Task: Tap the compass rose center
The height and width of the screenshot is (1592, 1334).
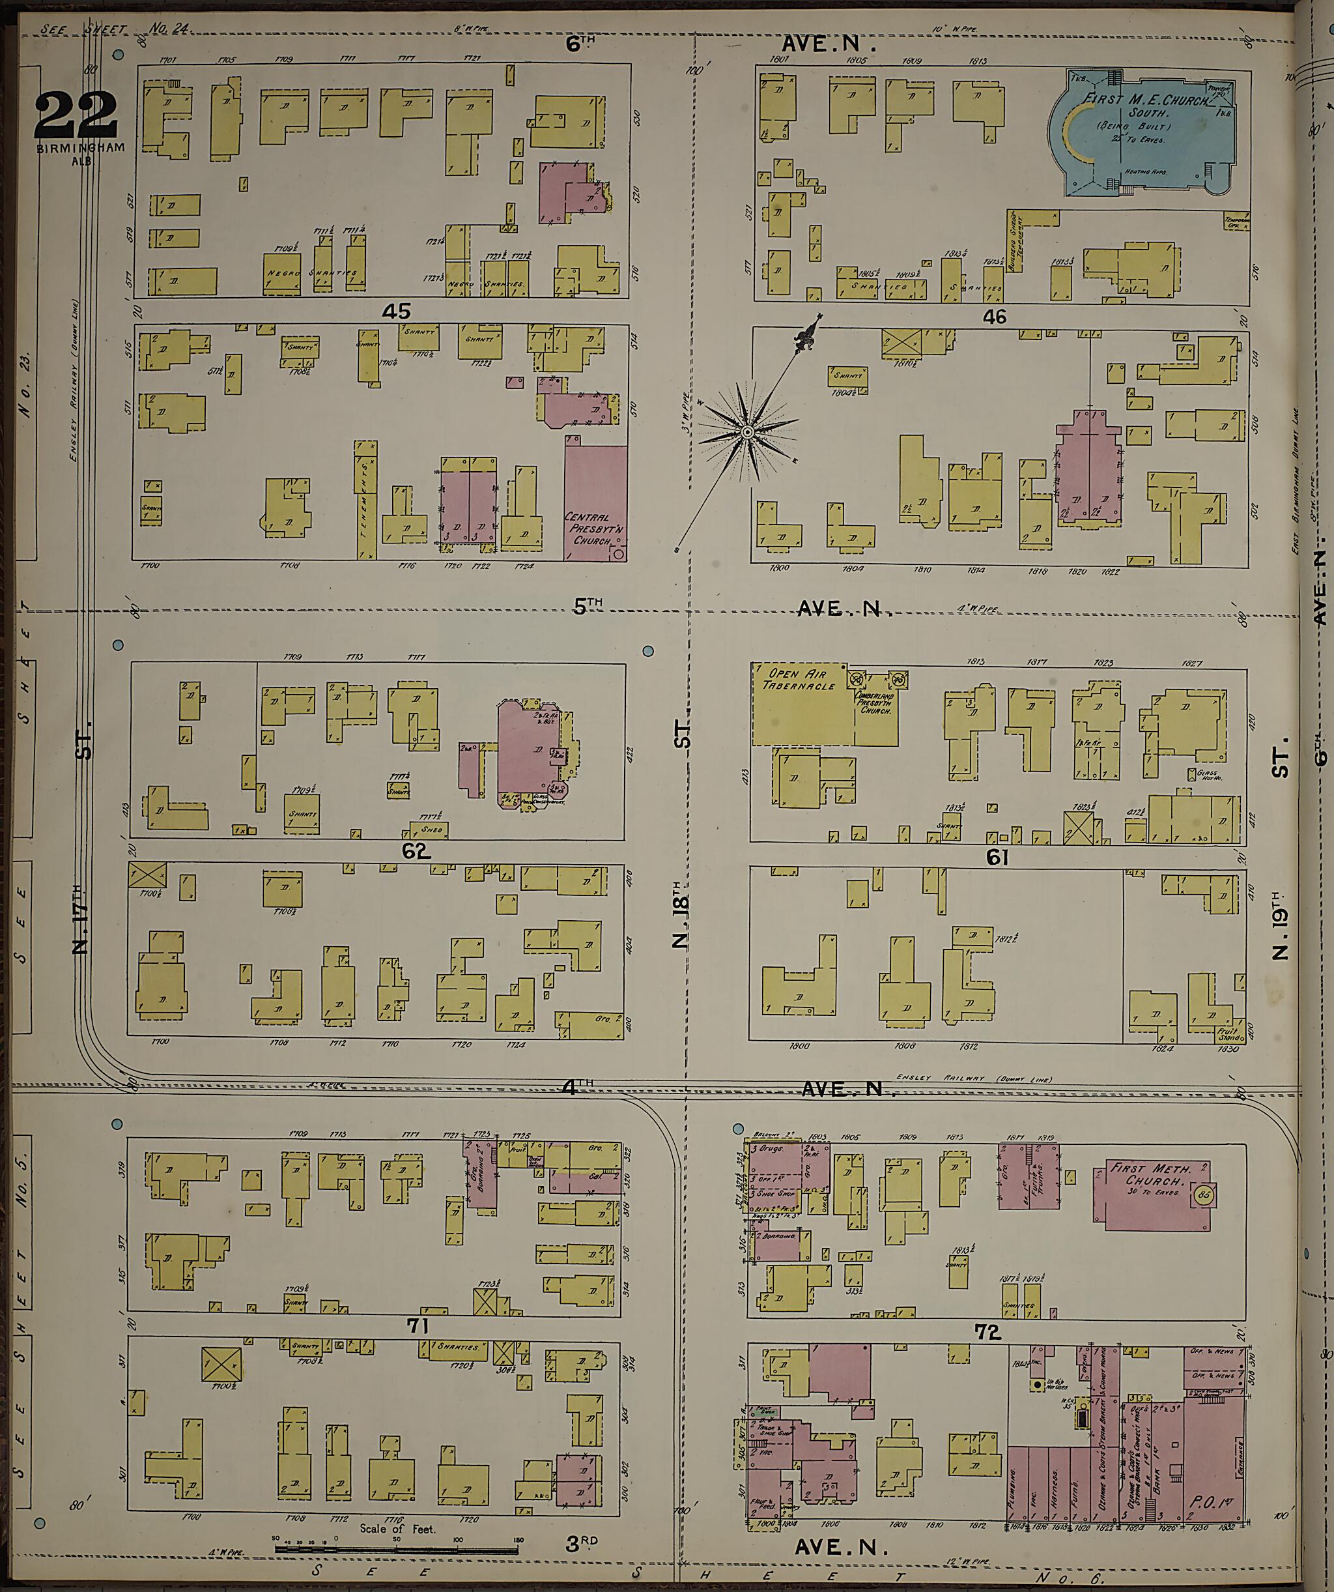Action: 746,431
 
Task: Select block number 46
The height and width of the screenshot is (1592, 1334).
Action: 995,317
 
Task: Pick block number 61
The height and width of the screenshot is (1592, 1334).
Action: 997,858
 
